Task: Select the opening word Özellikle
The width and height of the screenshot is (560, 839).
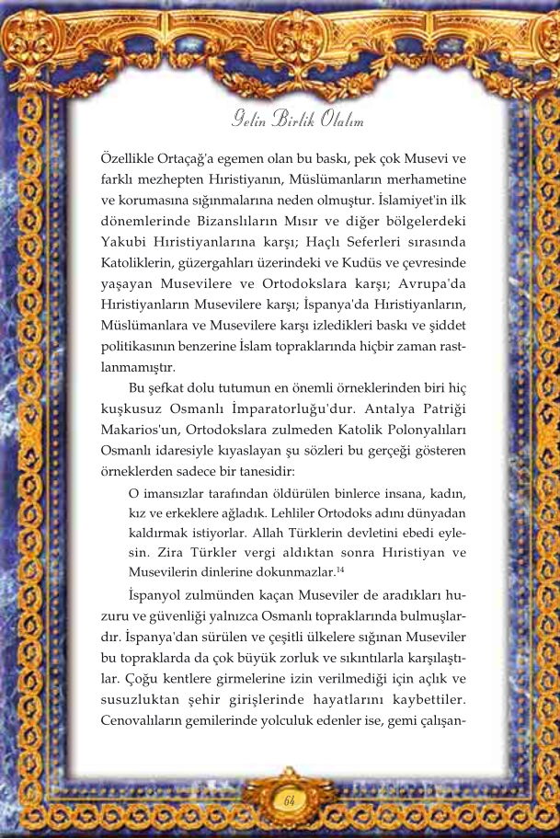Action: tap(128, 158)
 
